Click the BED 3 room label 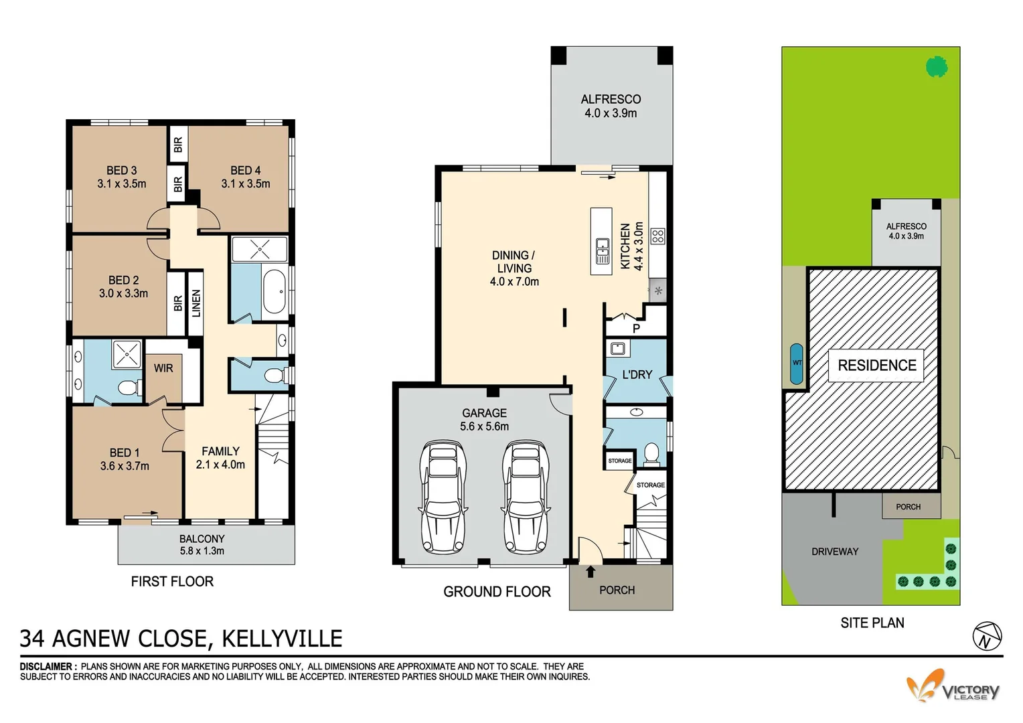(x=121, y=171)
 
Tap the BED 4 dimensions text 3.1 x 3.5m (x=246, y=184)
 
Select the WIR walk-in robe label (x=163, y=368)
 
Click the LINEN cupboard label (x=195, y=303)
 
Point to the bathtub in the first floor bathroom (x=274, y=291)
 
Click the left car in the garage (x=443, y=496)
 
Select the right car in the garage (x=526, y=496)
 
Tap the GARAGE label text (x=484, y=413)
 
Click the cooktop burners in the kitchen (x=657, y=236)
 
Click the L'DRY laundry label (x=637, y=375)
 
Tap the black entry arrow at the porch (x=591, y=572)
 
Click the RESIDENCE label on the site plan (x=877, y=366)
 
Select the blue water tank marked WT (x=797, y=364)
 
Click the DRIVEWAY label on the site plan (x=834, y=552)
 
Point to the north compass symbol (x=988, y=636)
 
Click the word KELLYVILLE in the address (x=282, y=639)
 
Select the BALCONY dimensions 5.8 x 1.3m (x=202, y=552)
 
